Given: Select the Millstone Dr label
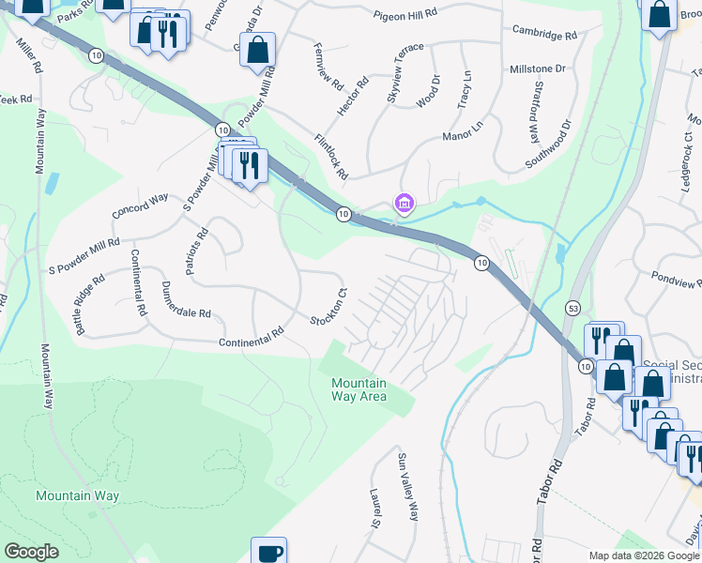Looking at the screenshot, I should tap(536, 69).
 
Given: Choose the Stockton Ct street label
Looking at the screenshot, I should tap(329, 307).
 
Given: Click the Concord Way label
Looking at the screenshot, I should tap(140, 205).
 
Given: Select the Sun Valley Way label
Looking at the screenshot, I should tap(407, 487).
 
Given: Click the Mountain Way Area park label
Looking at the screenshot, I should tap(359, 389).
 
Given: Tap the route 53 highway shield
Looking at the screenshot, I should tap(572, 308).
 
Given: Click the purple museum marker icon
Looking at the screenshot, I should tap(404, 203).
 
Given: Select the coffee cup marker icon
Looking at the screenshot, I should tap(268, 552).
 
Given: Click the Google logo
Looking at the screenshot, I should tap(31, 552).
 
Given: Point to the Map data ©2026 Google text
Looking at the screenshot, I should tap(643, 555).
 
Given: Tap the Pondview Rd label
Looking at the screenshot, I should tap(676, 281).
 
